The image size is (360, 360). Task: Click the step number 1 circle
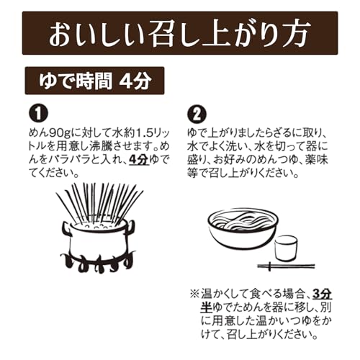click(38, 113)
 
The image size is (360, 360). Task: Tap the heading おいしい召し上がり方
click(179, 34)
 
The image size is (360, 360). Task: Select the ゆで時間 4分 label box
click(94, 81)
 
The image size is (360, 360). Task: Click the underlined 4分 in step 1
click(139, 159)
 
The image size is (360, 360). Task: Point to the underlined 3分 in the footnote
click(322, 294)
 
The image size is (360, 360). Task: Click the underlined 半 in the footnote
click(207, 307)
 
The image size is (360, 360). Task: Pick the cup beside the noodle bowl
click(286, 248)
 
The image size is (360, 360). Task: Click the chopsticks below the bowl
click(286, 266)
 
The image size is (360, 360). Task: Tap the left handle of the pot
click(66, 228)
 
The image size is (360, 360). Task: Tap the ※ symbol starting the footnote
click(195, 294)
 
